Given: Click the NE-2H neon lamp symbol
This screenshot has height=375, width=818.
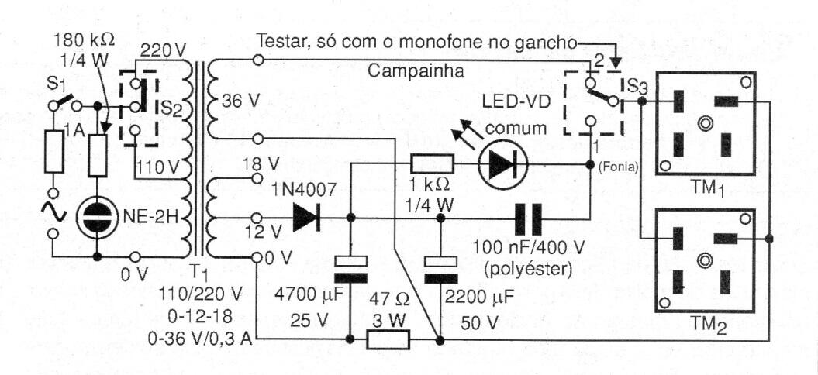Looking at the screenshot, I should pyautogui.click(x=96, y=218).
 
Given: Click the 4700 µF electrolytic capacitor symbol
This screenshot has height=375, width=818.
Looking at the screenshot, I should pyautogui.click(x=350, y=272).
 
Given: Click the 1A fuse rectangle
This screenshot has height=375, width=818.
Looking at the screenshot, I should pyautogui.click(x=53, y=151).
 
